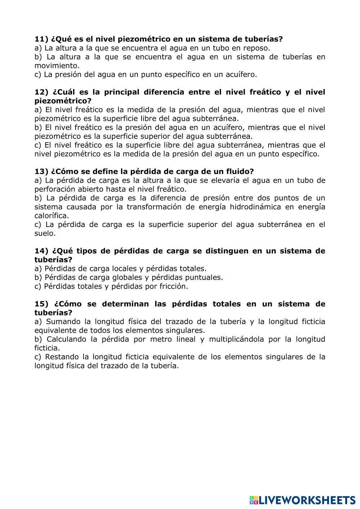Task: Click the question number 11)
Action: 41,39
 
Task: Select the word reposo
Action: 256,48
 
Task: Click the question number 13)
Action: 41,172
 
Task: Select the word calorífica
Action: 51,216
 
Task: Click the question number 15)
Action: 41,304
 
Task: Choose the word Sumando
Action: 63,322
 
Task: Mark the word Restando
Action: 63,357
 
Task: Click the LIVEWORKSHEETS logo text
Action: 306,500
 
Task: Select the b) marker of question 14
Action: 38,278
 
